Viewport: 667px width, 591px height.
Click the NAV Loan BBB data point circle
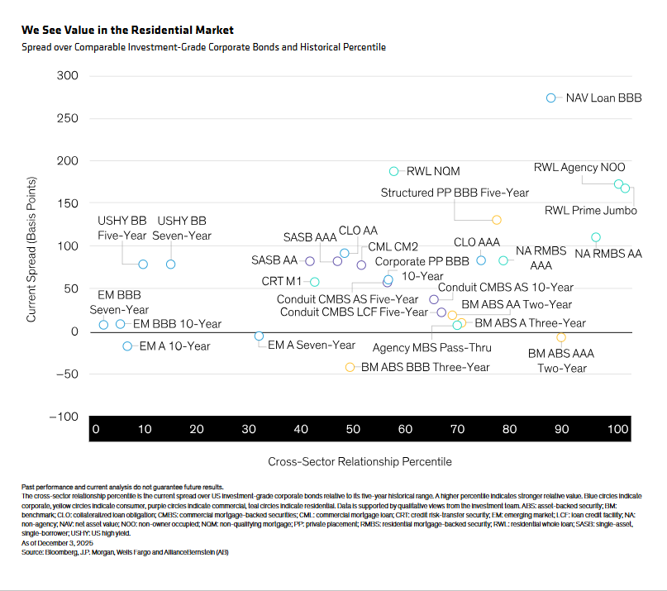(550, 98)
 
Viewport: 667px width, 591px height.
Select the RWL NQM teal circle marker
(394, 171)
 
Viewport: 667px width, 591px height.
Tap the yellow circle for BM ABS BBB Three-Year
(350, 367)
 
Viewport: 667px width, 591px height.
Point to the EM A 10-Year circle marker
(127, 346)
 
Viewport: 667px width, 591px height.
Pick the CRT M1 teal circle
(315, 282)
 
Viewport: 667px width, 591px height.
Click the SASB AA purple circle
(310, 261)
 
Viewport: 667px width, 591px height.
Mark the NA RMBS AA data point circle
(596, 237)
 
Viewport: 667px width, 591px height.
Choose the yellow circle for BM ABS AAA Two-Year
(561, 337)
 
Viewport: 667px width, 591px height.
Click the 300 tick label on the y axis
(68, 76)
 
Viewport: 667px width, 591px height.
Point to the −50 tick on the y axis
(67, 374)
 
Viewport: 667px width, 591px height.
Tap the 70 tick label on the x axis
(457, 429)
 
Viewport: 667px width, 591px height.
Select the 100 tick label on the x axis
(617, 429)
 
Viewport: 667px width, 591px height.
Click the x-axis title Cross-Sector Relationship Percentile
(360, 462)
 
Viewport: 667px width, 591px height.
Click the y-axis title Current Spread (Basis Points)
(31, 250)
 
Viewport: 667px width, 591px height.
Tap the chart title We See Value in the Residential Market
(127, 31)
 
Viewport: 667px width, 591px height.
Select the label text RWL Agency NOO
(579, 167)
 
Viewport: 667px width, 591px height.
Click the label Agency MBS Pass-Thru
(431, 348)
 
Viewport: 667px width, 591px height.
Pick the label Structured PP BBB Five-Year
(455, 193)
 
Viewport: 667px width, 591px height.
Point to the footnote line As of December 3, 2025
(57, 543)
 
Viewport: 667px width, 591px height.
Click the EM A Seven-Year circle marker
(259, 336)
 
